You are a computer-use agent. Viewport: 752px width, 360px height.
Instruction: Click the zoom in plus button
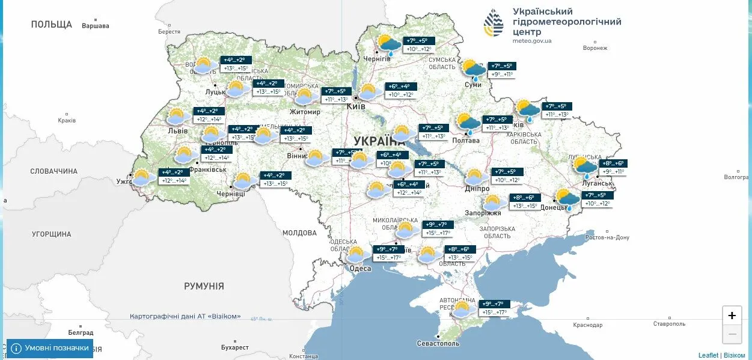point(732,316)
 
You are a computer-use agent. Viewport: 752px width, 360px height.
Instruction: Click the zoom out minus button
point(732,334)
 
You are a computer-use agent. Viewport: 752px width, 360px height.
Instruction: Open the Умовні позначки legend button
point(50,348)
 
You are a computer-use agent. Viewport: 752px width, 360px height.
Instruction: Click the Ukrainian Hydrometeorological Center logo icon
point(494,23)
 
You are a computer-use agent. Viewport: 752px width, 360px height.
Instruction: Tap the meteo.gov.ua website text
point(532,41)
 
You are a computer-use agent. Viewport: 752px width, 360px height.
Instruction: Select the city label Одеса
point(360,269)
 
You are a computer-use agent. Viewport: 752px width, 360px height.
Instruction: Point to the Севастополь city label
point(438,343)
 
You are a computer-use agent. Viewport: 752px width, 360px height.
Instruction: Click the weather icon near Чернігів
point(389,45)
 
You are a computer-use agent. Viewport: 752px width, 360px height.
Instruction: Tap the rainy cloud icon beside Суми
point(474,70)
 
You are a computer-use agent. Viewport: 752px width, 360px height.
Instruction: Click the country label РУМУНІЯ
point(204,286)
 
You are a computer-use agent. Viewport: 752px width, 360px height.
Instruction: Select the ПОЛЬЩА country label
point(52,25)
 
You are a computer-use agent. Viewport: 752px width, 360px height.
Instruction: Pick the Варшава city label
point(96,26)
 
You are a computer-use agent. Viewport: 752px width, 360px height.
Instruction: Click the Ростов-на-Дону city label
point(607,237)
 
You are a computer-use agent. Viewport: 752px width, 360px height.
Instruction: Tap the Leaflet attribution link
point(708,355)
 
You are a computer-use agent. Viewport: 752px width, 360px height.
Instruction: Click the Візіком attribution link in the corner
point(734,355)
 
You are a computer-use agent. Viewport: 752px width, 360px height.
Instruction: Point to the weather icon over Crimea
point(462,310)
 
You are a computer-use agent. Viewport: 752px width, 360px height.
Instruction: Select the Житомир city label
point(304,112)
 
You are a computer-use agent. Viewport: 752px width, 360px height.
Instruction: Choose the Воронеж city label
point(595,48)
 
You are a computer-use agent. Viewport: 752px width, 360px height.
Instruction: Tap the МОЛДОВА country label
point(299,233)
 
